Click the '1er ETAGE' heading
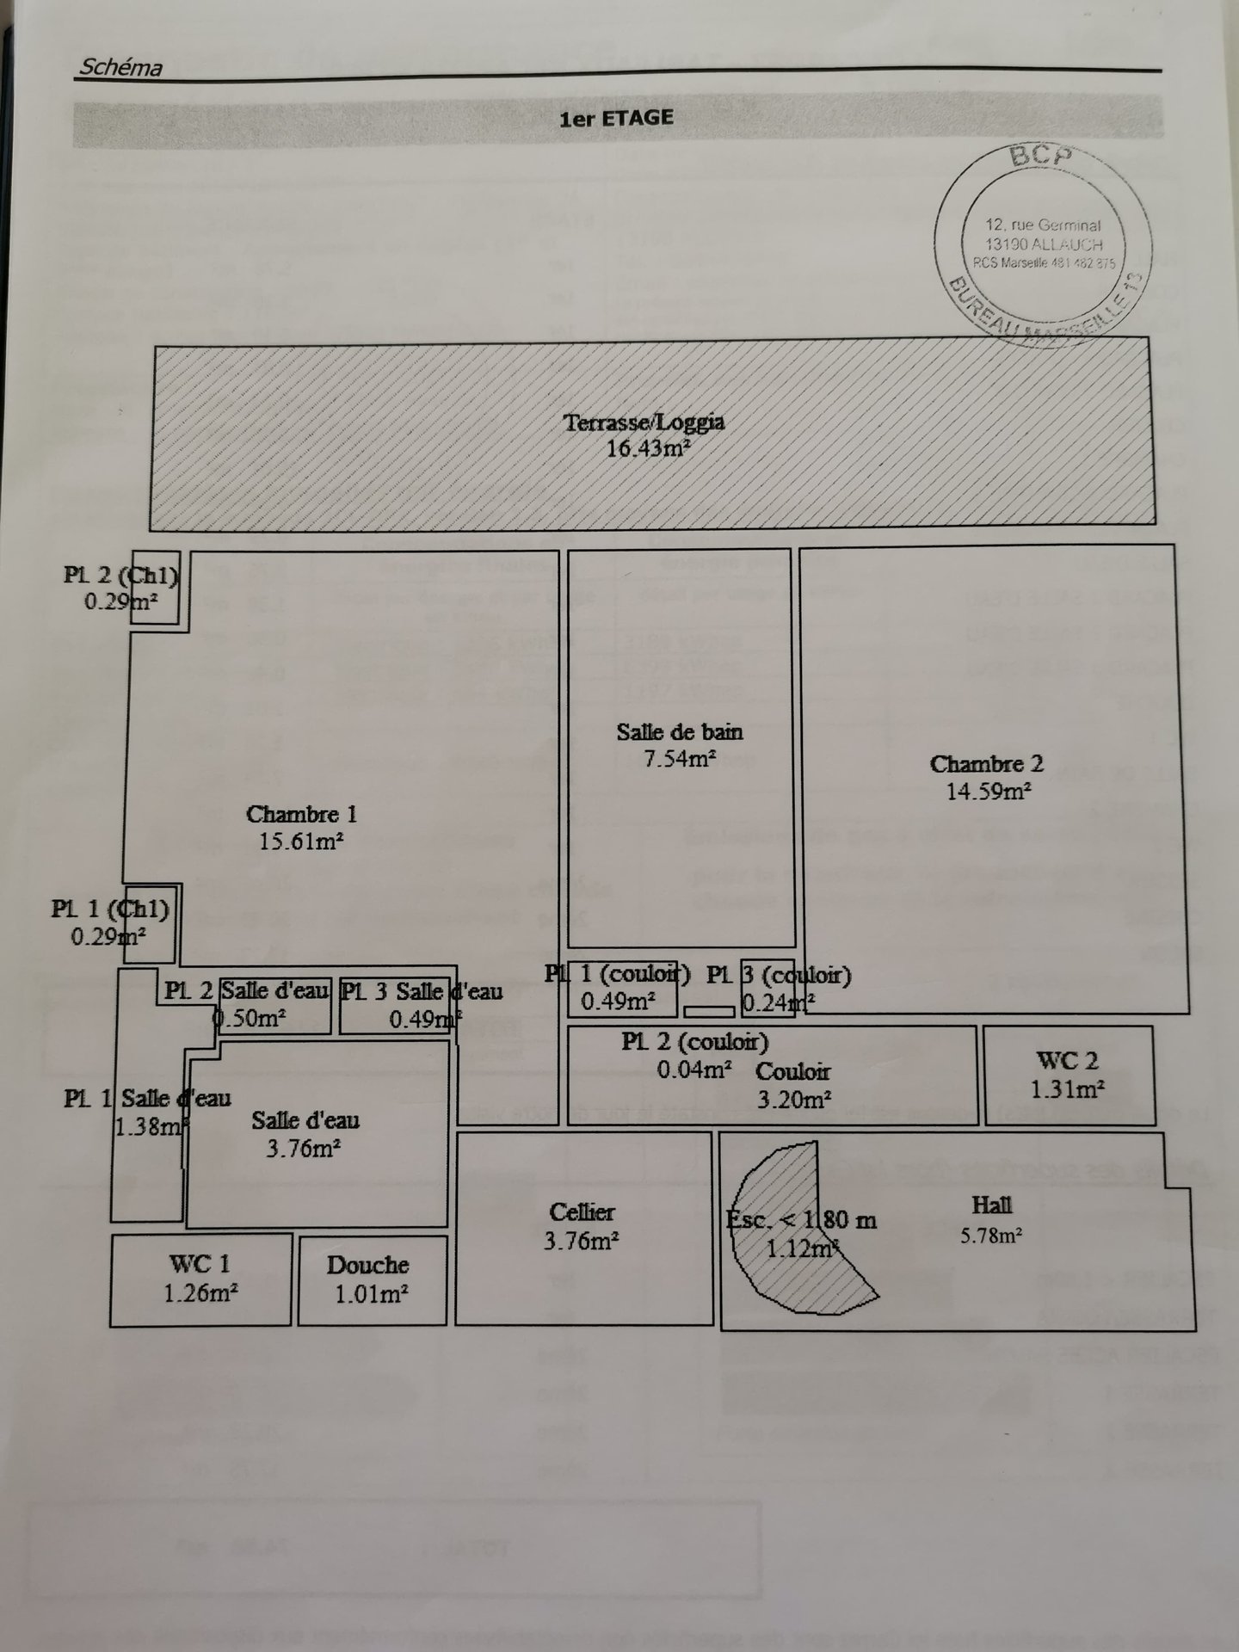(x=616, y=118)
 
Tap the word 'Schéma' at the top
(x=120, y=67)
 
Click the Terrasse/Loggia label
(x=644, y=422)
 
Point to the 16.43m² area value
(x=650, y=448)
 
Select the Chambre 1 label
(x=301, y=814)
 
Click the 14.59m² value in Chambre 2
(x=989, y=792)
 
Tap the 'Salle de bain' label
(x=679, y=732)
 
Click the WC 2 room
(x=1068, y=1075)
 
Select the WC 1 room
(x=200, y=1279)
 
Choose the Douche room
(x=372, y=1279)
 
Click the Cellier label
(x=583, y=1212)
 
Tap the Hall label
(x=991, y=1205)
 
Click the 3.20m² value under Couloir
(x=793, y=1099)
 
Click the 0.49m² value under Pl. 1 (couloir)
(x=617, y=1001)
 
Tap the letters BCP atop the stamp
(x=1041, y=157)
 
